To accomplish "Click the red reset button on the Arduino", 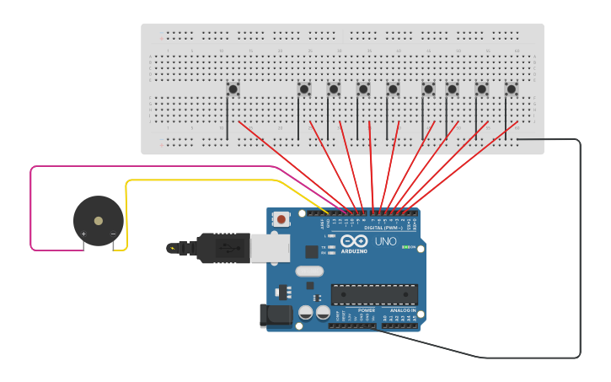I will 281,218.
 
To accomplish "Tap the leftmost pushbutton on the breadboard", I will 233,88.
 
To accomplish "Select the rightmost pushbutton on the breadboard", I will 511,88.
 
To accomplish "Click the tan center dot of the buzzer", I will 99,221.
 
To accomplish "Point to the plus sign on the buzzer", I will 83,234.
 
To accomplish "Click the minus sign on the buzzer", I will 113,234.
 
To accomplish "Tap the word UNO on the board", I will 385,241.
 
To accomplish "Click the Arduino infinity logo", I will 355,241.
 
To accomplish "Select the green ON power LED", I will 407,247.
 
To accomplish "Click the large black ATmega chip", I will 374,294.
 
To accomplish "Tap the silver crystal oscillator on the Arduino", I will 309,272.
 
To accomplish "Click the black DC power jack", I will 276,315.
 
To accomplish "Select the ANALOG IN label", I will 399,309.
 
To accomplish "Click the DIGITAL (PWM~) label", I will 381,228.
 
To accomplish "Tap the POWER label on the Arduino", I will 367,309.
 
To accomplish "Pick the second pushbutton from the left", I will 304,88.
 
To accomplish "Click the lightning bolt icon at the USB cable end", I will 173,248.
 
